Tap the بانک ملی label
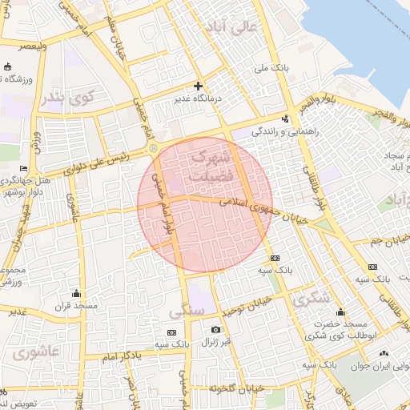(271, 69)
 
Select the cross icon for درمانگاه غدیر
(199, 86)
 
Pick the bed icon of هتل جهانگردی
(23, 168)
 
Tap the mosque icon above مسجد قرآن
(76, 293)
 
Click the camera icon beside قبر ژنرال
(215, 330)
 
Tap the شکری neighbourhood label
(311, 299)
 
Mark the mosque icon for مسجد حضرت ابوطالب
(340, 312)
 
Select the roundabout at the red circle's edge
(152, 148)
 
